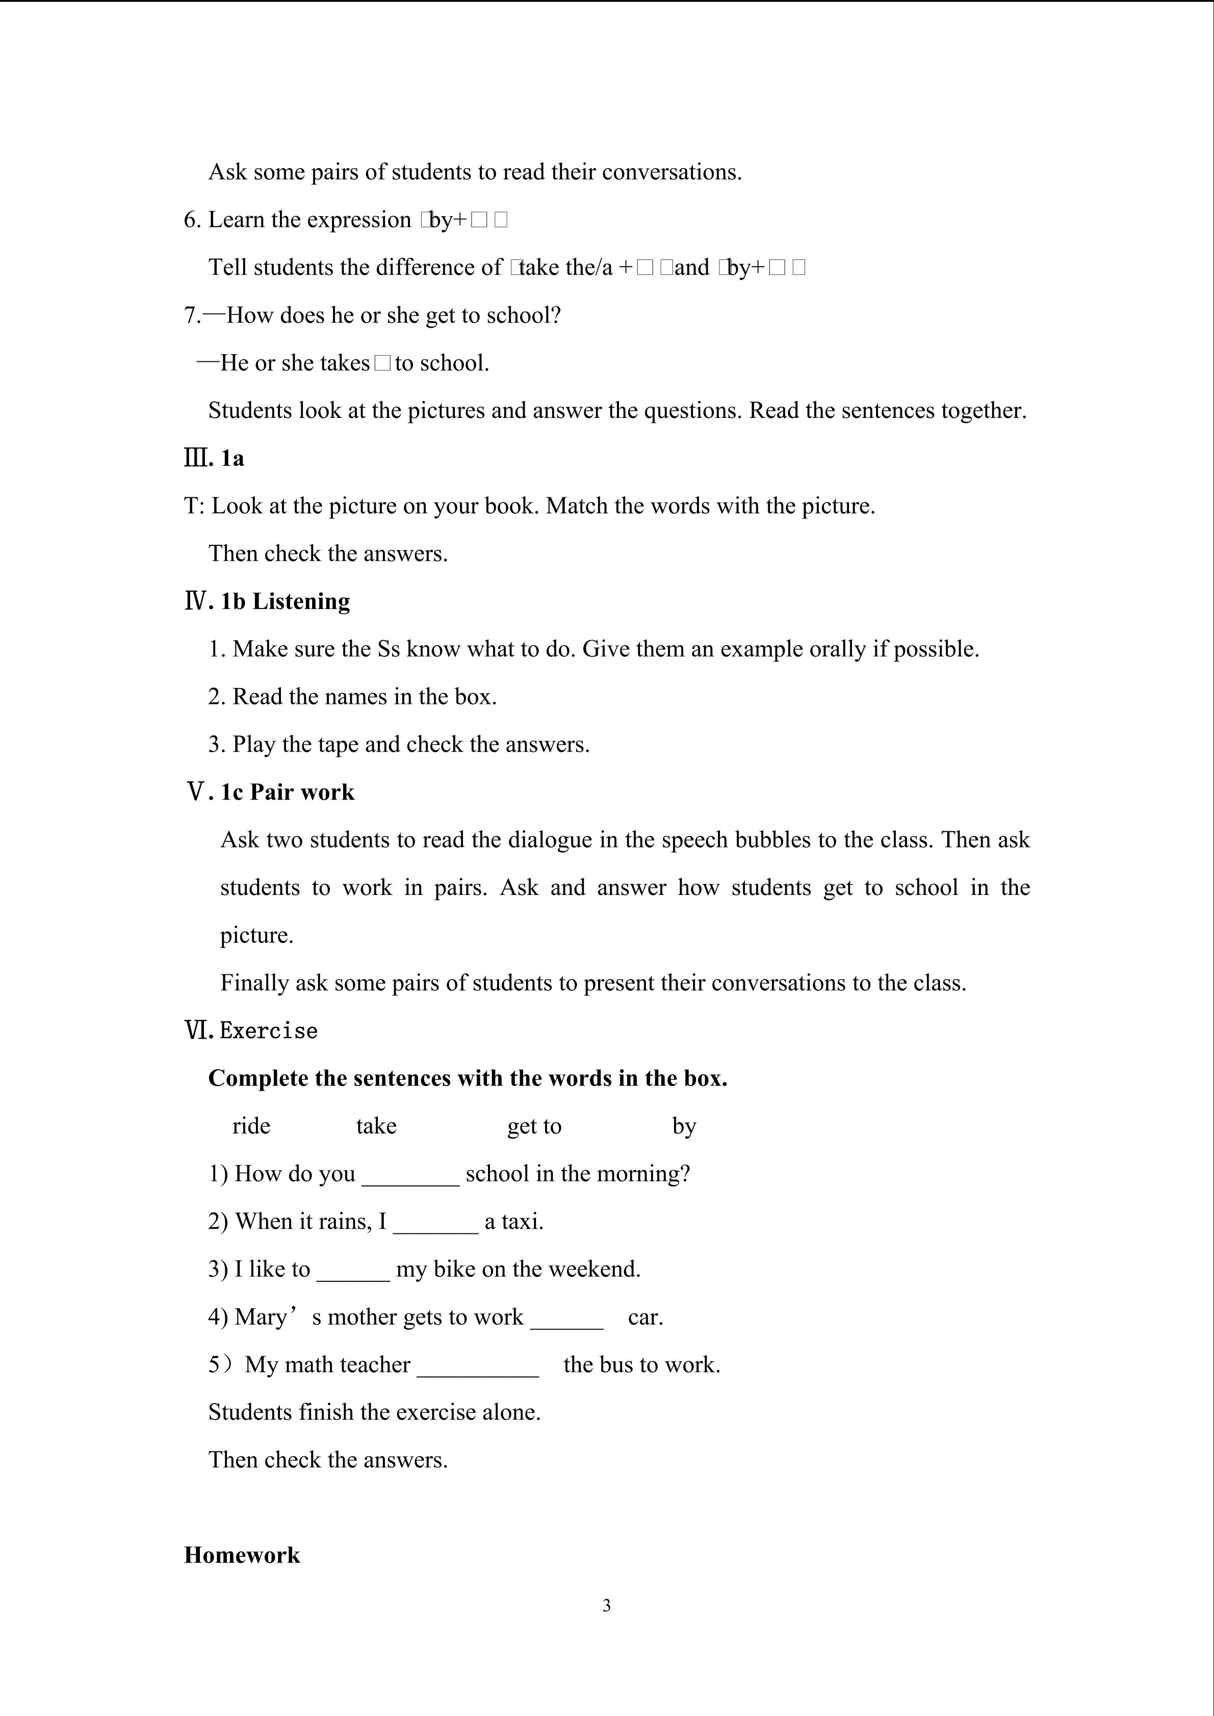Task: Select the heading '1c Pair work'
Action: (287, 791)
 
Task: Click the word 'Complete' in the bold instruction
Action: (254, 1078)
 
